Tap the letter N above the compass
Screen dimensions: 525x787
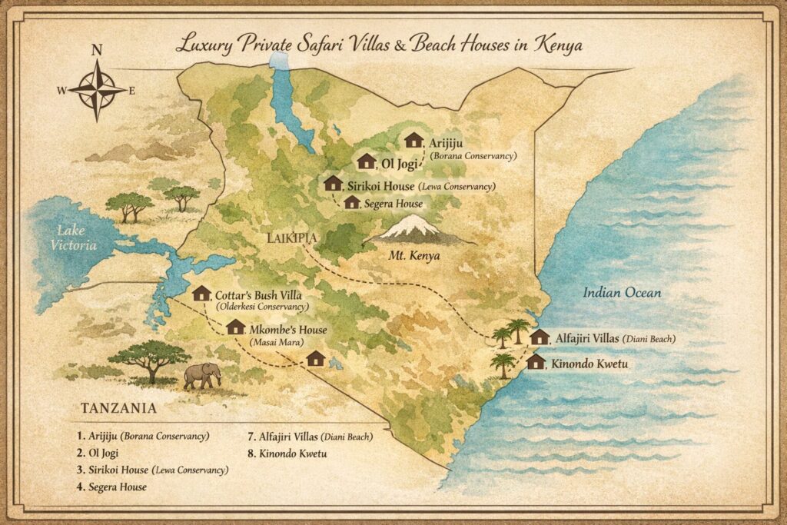pyautogui.click(x=97, y=52)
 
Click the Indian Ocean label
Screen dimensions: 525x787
pyautogui.click(x=622, y=293)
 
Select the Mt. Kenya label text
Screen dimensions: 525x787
pyautogui.click(x=415, y=255)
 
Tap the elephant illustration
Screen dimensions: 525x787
pyautogui.click(x=202, y=375)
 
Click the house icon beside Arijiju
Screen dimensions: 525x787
pyautogui.click(x=414, y=140)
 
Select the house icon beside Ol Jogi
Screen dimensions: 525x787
pyautogui.click(x=367, y=161)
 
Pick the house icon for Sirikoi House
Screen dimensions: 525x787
pyautogui.click(x=333, y=183)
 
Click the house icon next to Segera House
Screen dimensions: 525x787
pyautogui.click(x=352, y=202)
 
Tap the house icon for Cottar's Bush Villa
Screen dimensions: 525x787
pyautogui.click(x=201, y=293)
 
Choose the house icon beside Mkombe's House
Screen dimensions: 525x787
pyautogui.click(x=236, y=327)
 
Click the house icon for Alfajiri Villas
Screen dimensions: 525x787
pyautogui.click(x=540, y=337)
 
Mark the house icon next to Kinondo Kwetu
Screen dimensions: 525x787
pyautogui.click(x=536, y=362)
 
